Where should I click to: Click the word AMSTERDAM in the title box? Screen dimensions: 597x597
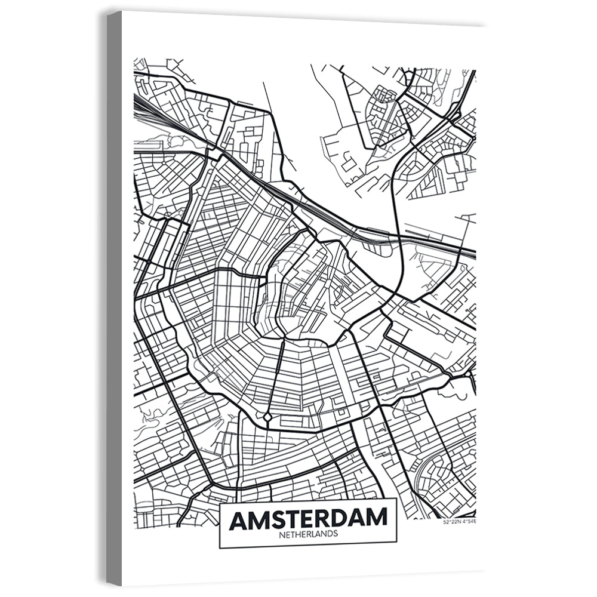[308, 519]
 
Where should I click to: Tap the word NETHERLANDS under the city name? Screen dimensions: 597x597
[308, 534]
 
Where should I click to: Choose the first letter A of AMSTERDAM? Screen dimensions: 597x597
[238, 519]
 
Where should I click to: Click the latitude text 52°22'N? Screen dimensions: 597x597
[452, 522]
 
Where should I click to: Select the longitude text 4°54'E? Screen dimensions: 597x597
[469, 522]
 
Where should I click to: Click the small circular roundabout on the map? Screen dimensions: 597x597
[267, 416]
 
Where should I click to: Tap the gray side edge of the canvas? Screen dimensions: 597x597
[114, 298]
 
